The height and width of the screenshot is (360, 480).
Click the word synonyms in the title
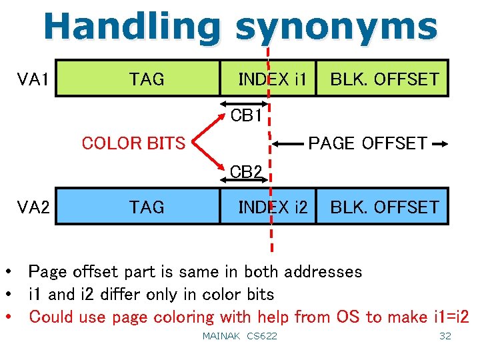click(x=336, y=27)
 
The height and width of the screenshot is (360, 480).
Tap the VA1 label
click(x=33, y=80)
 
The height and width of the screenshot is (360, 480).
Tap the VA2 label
click(x=33, y=207)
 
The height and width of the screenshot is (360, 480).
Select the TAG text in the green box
click(x=146, y=80)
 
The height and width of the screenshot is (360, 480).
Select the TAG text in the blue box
click(x=146, y=207)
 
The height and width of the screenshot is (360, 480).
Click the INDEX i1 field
click(x=272, y=80)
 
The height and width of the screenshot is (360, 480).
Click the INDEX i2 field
click(x=272, y=207)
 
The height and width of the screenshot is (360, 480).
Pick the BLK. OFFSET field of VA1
click(x=385, y=80)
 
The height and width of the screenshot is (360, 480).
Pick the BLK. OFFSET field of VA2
click(x=385, y=207)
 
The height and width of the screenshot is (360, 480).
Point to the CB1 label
click(x=246, y=116)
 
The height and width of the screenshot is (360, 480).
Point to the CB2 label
click(x=246, y=172)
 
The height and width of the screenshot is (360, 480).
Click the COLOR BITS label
click(x=133, y=143)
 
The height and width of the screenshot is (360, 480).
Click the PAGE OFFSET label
click(x=367, y=143)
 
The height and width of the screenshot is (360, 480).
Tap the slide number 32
click(x=445, y=336)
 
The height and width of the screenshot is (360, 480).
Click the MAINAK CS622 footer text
click(x=239, y=336)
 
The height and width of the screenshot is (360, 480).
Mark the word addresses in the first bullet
click(x=323, y=272)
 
